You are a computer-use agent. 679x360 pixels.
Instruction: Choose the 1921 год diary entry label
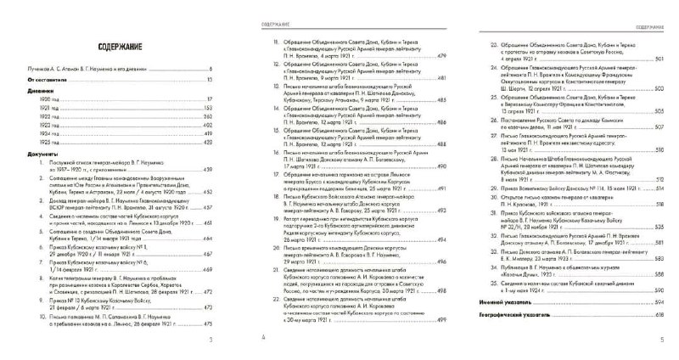(47, 109)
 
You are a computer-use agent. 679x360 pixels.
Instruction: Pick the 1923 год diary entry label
(47, 126)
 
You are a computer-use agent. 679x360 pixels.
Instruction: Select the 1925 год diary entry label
(47, 143)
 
